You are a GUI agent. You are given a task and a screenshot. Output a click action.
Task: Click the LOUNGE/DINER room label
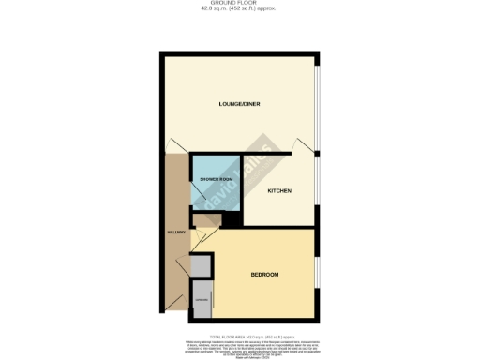(x=239, y=103)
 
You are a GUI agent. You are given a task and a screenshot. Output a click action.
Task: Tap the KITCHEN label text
(x=279, y=190)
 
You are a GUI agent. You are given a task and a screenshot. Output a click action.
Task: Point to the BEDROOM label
(x=264, y=274)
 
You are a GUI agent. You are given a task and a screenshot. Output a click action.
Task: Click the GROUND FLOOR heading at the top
(x=240, y=3)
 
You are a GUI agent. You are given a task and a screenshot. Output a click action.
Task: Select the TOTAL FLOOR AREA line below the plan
(x=239, y=336)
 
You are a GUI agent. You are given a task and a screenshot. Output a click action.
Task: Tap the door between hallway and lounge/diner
(x=175, y=144)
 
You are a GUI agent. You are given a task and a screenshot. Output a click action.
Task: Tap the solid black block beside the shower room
(x=228, y=220)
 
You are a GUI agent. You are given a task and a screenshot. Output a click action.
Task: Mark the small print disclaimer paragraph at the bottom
(x=239, y=346)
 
